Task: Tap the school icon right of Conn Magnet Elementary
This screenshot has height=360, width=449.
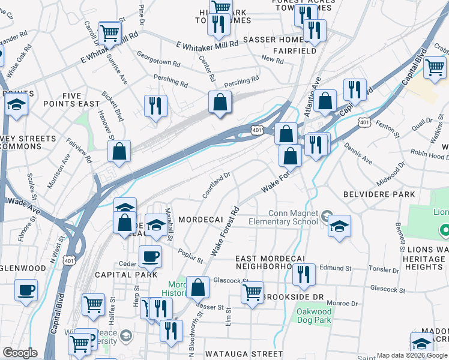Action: tap(339, 227)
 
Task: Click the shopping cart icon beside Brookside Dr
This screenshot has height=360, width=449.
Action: tap(253, 293)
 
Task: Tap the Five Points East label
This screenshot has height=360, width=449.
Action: tap(71, 100)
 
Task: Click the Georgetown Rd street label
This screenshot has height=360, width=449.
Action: tap(158, 62)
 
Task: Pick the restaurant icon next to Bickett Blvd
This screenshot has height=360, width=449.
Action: tap(155, 106)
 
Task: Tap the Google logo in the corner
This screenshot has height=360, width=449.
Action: tap(20, 353)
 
